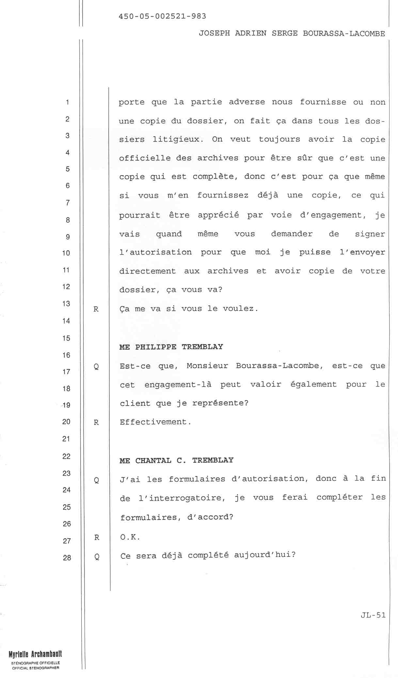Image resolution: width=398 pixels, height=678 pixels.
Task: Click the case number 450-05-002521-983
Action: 163,16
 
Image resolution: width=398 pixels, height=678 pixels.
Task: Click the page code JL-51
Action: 373,615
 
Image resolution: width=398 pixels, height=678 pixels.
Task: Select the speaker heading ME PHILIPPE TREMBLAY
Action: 171,347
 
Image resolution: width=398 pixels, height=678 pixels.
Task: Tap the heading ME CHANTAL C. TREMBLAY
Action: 176,460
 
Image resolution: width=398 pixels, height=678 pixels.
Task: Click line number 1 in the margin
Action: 67,102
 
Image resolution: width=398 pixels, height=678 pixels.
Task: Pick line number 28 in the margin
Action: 67,558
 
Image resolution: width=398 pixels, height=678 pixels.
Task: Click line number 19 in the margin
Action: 67,405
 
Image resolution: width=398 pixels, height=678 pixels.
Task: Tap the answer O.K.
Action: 130,537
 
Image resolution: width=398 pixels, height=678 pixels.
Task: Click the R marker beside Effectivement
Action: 96,422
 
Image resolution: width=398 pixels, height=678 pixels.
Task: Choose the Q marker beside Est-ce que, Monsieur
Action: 96,367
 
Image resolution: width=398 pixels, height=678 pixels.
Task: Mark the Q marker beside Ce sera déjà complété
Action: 97,556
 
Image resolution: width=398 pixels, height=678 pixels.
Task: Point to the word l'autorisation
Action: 155,252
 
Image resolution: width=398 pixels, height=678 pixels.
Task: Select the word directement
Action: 148,271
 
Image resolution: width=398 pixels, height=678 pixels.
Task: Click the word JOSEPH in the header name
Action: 214,34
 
